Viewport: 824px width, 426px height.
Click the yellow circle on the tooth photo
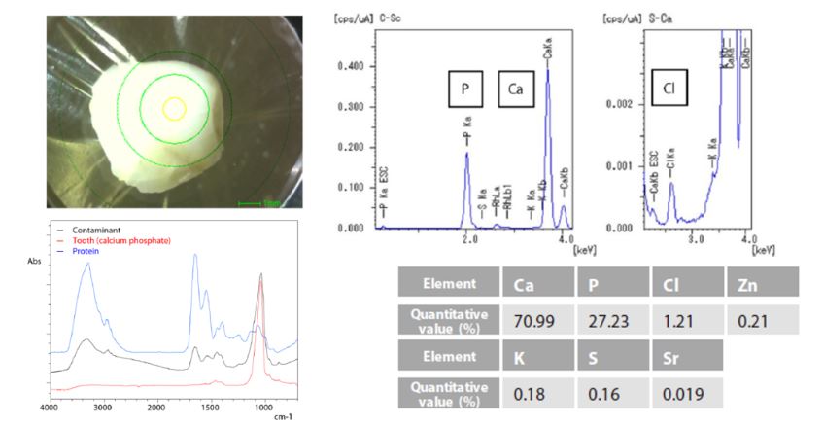[174, 108]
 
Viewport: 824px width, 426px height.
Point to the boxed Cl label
[669, 88]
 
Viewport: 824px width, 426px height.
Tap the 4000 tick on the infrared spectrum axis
[48, 409]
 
